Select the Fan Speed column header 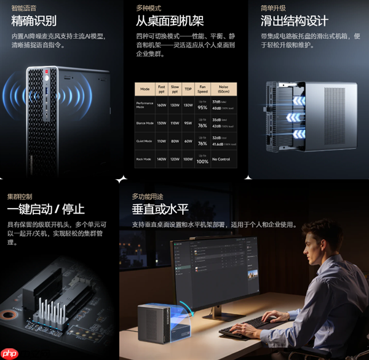[x=203, y=88]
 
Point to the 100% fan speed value [x=203, y=161]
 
